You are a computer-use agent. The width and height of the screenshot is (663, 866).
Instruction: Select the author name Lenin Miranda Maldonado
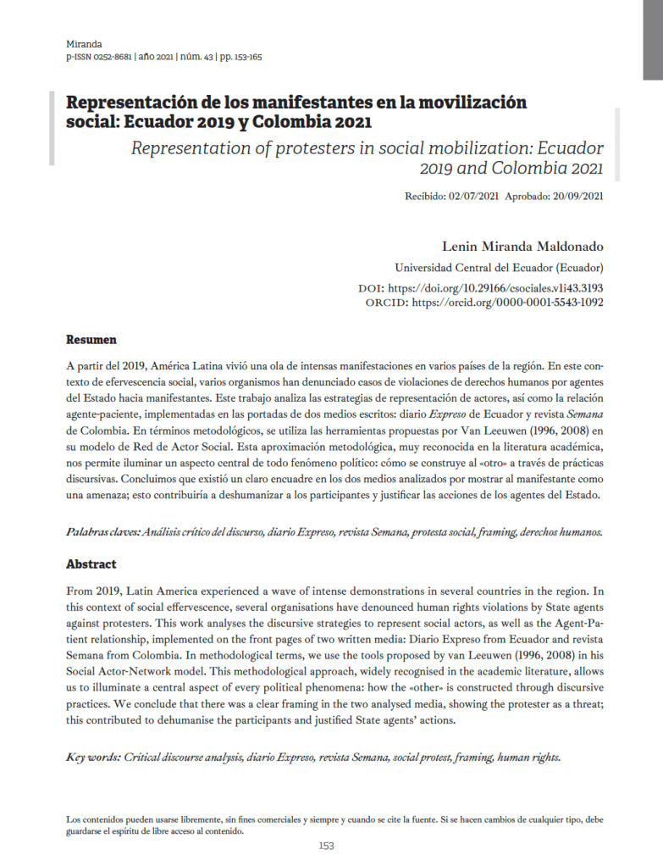click(522, 247)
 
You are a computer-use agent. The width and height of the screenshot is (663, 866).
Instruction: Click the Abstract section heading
click(91, 563)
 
